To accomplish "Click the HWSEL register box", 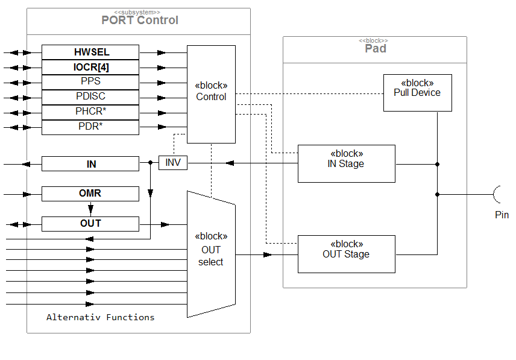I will (90, 52).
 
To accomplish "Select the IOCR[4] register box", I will (90, 67).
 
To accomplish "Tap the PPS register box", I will (90, 81).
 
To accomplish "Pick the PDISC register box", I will (90, 96).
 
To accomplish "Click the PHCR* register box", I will (90, 112).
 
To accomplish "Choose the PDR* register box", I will (90, 127).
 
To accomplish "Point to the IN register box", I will (90, 164).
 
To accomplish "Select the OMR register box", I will (90, 194).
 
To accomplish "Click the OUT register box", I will (90, 224).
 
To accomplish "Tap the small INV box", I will (173, 163).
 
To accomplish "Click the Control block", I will (211, 94).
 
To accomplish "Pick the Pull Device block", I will (418, 92).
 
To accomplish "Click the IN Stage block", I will (347, 163).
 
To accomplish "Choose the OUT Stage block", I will (347, 254).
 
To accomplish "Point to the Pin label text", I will (502, 215).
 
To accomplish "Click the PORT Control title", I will (140, 20).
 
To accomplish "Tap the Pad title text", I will (375, 48).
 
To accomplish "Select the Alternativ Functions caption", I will (101, 317).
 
